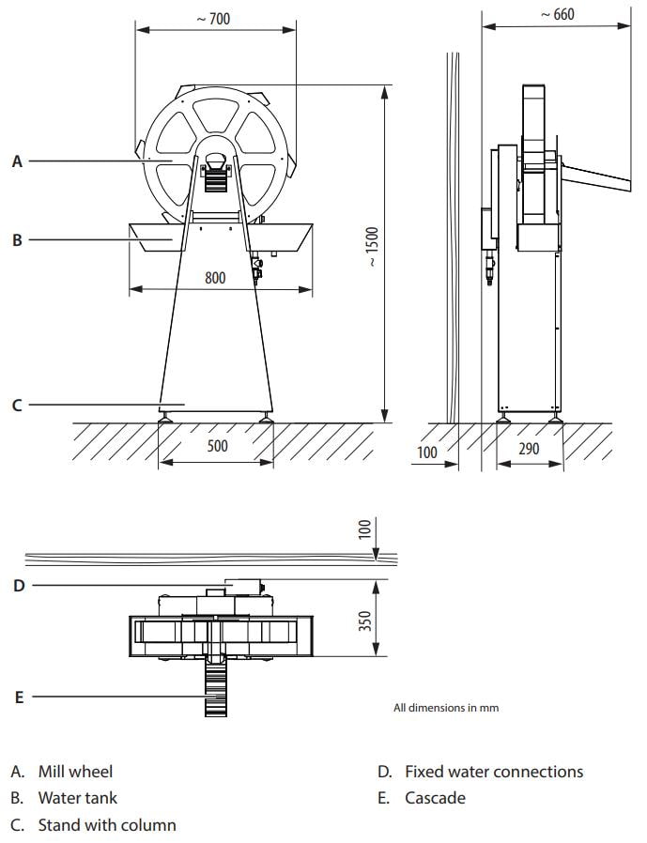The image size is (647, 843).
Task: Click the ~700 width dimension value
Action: (213, 19)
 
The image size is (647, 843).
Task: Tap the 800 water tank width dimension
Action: (215, 278)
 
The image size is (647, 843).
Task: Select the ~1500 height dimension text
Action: (372, 247)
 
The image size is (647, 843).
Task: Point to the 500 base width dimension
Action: (217, 446)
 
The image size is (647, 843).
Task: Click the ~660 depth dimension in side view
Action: (558, 14)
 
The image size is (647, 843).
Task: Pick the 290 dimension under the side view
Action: (529, 449)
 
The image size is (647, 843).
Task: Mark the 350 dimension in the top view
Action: (365, 621)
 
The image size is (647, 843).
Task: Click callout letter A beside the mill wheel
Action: (17, 161)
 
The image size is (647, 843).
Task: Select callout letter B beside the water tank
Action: (17, 239)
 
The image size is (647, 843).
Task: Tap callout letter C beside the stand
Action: (17, 405)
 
